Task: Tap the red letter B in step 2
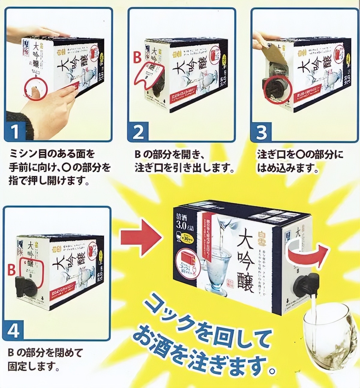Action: pos(137,57)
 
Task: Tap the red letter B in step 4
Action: pos(11,270)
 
